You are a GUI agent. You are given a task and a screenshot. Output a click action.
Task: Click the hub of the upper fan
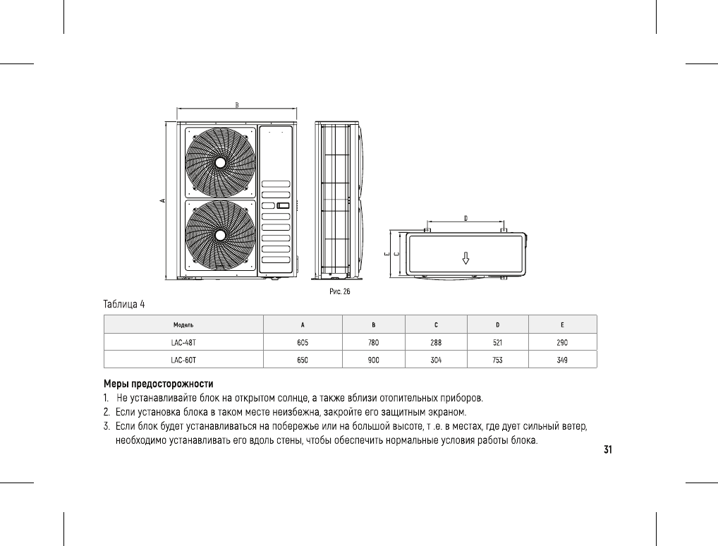[220, 163]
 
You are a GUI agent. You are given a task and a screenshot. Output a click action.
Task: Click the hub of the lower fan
[220, 235]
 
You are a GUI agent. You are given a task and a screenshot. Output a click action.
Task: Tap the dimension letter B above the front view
[237, 105]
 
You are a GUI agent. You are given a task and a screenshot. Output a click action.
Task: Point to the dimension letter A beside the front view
[162, 200]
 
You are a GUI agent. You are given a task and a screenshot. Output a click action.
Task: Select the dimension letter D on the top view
[466, 218]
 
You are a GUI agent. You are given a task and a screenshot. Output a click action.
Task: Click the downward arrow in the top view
[466, 258]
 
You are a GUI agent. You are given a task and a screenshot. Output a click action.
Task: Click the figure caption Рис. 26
[340, 291]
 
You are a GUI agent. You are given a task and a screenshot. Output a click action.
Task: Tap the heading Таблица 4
[124, 304]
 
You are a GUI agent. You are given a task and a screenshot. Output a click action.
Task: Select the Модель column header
[183, 324]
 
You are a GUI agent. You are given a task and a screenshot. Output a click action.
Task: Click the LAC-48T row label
[183, 343]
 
